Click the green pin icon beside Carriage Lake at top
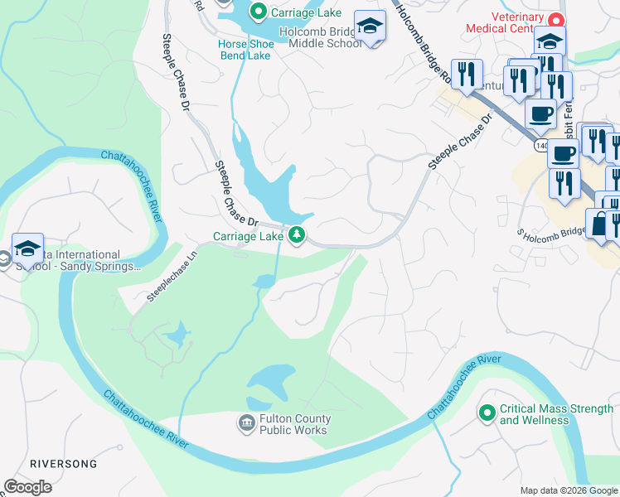259,12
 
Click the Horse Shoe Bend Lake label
245,50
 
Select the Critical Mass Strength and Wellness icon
487,412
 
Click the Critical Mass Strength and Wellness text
556,414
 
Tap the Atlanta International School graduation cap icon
27,247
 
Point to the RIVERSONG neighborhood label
64,464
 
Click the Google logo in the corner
27,487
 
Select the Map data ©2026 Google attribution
568,490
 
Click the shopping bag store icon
599,223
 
